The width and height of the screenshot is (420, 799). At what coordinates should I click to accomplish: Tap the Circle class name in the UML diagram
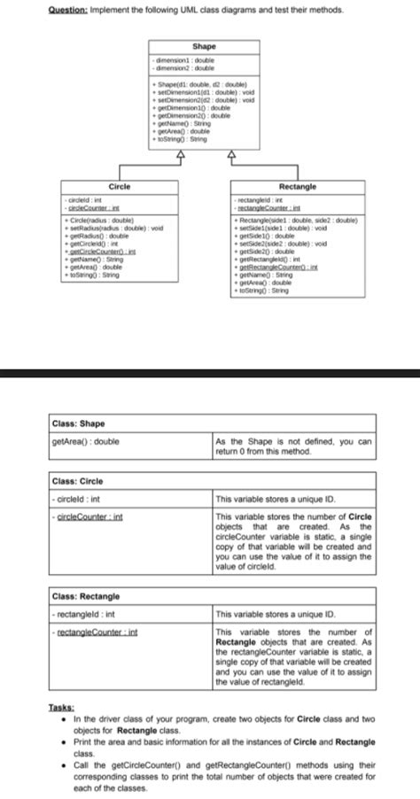(x=119, y=186)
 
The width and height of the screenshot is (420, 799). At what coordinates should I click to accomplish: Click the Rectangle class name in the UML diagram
(x=299, y=186)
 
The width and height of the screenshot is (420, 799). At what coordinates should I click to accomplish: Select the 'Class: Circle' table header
(x=79, y=481)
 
